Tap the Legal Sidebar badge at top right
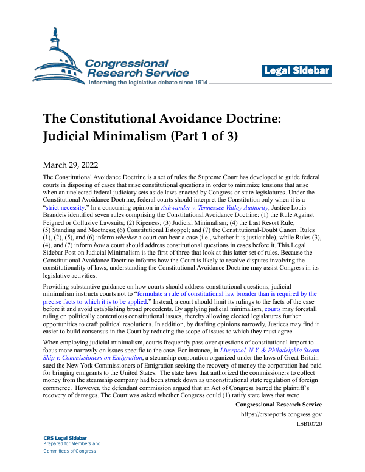[297, 71]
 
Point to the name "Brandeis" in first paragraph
[59, 216]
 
